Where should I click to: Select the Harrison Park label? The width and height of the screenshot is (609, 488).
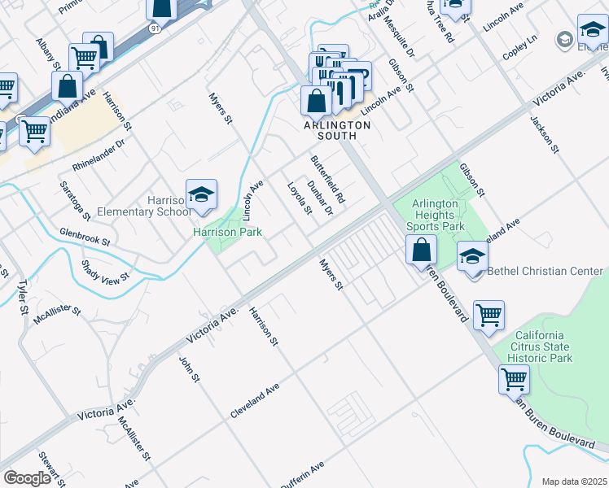coord(227,233)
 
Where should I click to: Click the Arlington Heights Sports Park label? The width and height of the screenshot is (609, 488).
coord(442,215)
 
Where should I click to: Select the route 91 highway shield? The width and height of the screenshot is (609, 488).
coord(155,28)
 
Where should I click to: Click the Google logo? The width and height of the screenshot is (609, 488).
coord(27,477)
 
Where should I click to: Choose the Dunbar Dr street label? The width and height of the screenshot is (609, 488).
coord(320,198)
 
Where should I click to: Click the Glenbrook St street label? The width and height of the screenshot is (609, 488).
coord(85,236)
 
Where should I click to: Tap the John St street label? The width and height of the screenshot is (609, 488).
coord(190,366)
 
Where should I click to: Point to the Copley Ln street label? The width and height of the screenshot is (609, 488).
coord(521,39)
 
